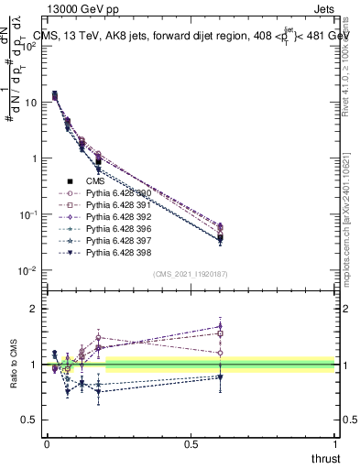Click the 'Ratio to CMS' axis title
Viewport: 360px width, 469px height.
pos(16,365)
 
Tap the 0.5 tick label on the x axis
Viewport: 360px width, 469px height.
pos(191,443)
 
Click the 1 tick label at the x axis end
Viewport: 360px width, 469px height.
pos(335,443)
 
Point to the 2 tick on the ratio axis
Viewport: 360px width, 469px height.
pos(33,309)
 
